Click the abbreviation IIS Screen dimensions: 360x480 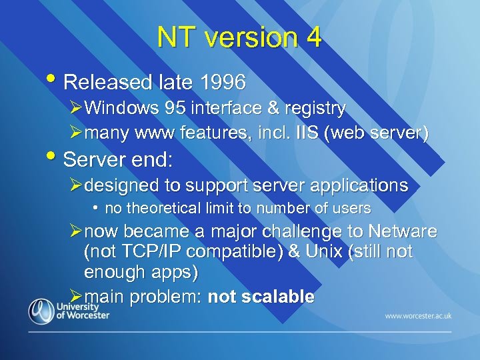(302, 133)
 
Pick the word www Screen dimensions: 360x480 (152, 133)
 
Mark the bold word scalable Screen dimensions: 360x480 (279, 297)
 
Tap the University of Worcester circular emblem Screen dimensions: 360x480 (41, 311)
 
